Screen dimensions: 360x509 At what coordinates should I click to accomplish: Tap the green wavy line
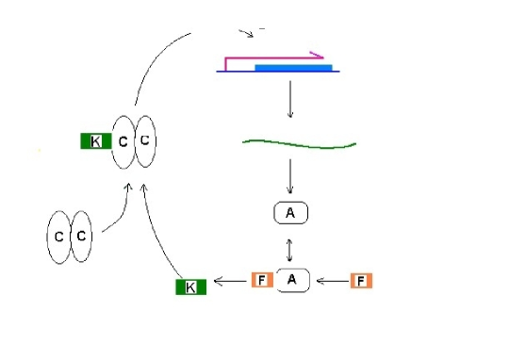click(299, 143)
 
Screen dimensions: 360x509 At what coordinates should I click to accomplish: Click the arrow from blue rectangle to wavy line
click(290, 99)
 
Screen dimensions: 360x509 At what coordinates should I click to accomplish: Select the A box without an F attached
click(290, 214)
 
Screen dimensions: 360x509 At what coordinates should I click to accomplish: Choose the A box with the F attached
click(293, 279)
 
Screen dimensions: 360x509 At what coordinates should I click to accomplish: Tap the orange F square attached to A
click(263, 279)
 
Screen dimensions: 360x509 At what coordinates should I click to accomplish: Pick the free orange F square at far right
click(362, 280)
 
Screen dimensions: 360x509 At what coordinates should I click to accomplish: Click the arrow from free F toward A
click(332, 280)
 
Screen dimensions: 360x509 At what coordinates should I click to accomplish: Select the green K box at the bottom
click(191, 286)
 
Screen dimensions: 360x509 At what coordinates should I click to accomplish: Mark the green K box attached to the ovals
click(95, 142)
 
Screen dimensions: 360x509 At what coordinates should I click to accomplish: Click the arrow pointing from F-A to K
click(230, 280)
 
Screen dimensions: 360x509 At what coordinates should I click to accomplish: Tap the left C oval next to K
click(123, 142)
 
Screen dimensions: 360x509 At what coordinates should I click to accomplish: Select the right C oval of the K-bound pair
click(145, 142)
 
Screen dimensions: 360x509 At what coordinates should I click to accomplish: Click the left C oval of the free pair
click(59, 237)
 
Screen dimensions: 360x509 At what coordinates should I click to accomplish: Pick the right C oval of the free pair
click(82, 237)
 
